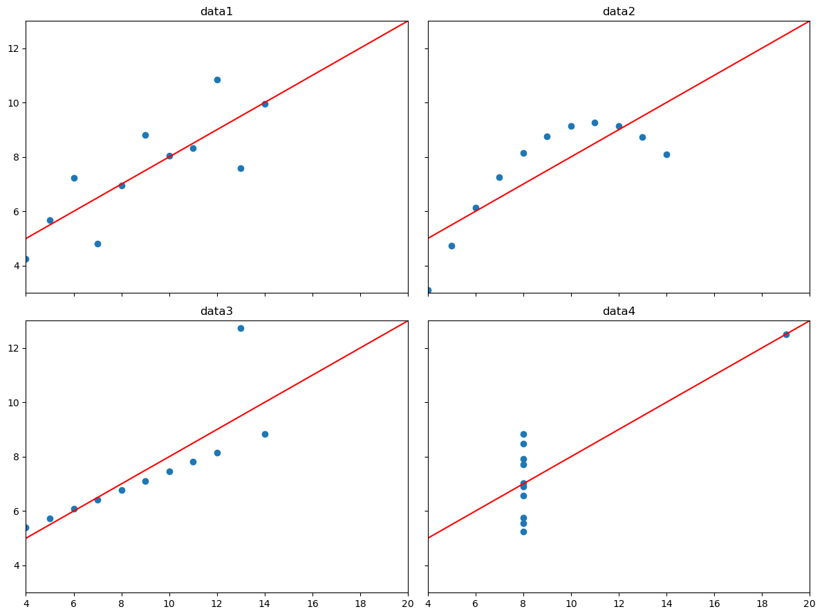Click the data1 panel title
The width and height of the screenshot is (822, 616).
tap(216, 12)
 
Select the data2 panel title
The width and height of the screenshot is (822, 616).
tap(619, 12)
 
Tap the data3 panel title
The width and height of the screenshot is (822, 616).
tap(216, 311)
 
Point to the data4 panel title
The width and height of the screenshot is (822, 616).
tap(619, 311)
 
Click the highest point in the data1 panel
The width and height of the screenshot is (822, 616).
tap(217, 80)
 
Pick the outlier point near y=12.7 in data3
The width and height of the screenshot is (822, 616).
tap(241, 328)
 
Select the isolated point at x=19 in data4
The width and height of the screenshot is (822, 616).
tap(786, 334)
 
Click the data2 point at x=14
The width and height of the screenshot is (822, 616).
tap(666, 154)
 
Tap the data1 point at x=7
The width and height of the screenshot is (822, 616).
tap(97, 244)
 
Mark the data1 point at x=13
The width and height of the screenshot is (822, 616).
tap(241, 168)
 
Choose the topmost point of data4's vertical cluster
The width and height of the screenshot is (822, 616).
tap(523, 434)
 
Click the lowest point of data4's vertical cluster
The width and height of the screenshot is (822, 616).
tap(523, 532)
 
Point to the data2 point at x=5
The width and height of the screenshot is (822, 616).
tap(451, 246)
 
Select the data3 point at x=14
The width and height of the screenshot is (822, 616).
tap(265, 434)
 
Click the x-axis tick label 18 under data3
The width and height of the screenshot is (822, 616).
tap(360, 604)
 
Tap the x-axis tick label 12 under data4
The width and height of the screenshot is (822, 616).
tap(619, 604)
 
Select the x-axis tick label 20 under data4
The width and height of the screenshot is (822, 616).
tap(810, 604)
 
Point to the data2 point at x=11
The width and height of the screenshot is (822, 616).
tap(595, 123)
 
